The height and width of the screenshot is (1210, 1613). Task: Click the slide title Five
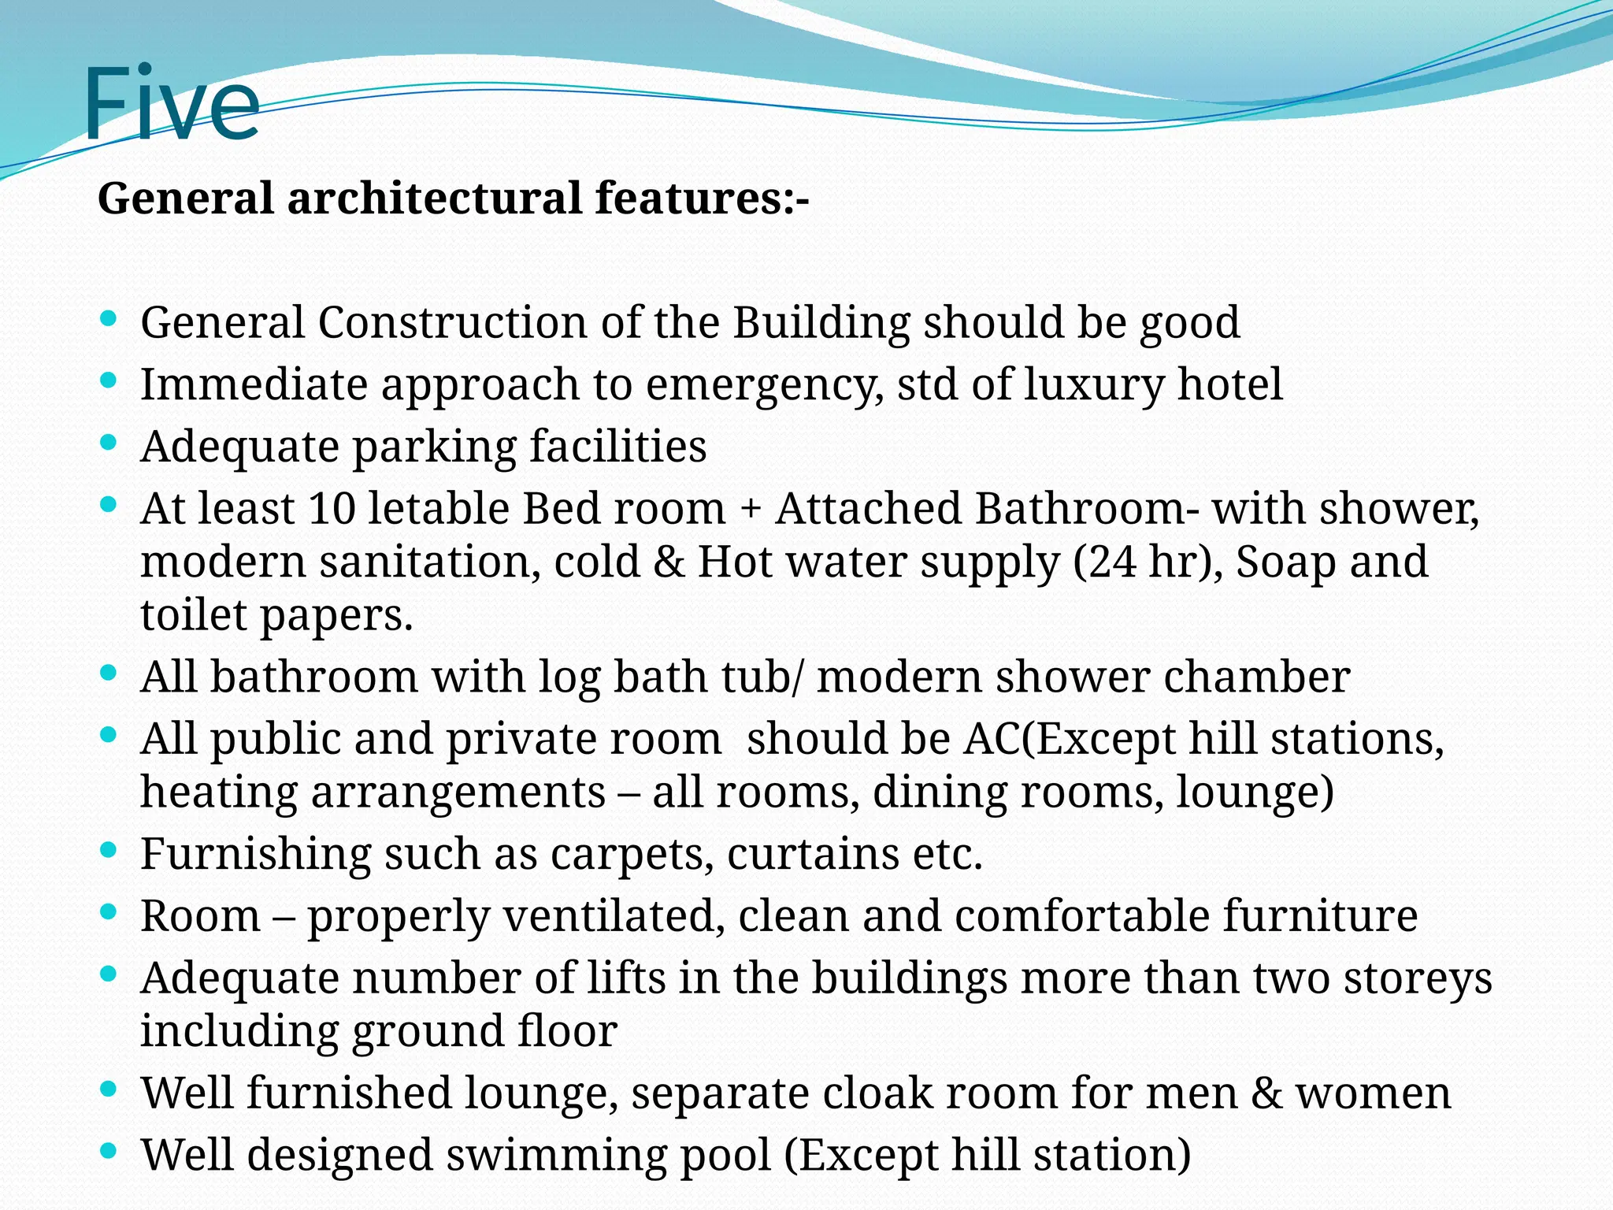pyautogui.click(x=171, y=105)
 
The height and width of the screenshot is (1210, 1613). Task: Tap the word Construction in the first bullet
pyautogui.click(x=452, y=323)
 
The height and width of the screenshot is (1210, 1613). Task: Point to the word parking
pyautogui.click(x=434, y=447)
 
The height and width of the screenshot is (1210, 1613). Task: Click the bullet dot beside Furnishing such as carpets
pyautogui.click(x=109, y=850)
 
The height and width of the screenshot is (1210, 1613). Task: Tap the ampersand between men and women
pyautogui.click(x=1266, y=1094)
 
